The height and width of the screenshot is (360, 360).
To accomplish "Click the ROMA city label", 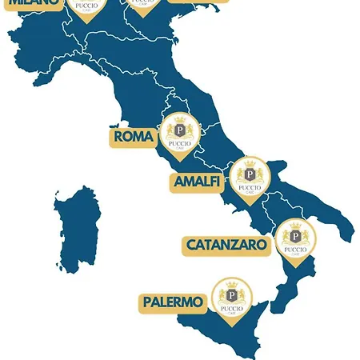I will click(134, 137).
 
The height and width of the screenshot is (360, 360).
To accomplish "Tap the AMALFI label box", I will click(198, 182).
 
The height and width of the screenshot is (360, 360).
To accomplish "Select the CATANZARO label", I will click(229, 245).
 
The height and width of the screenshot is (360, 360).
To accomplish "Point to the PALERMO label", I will click(173, 302).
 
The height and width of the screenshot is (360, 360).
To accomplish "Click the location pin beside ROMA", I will click(179, 134).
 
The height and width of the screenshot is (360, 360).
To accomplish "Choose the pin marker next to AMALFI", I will click(250, 178).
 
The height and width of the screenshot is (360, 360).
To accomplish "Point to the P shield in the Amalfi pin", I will click(250, 174).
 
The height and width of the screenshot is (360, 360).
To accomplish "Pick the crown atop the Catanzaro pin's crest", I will click(296, 225).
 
